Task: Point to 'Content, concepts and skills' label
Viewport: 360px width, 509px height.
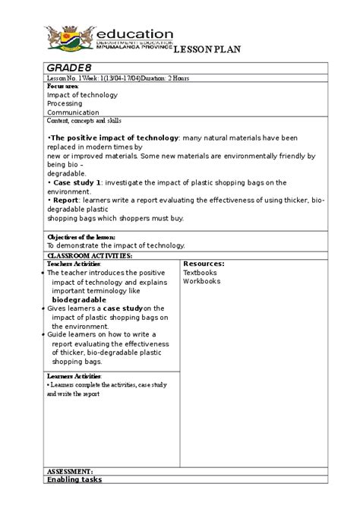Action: click(84, 120)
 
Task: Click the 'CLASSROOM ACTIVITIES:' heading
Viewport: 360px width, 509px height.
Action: click(90, 256)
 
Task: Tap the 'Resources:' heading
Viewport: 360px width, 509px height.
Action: click(203, 264)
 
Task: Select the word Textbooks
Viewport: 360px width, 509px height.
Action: click(200, 272)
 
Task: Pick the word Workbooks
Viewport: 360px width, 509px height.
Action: click(201, 281)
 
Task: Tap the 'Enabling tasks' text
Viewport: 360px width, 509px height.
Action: click(74, 479)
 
